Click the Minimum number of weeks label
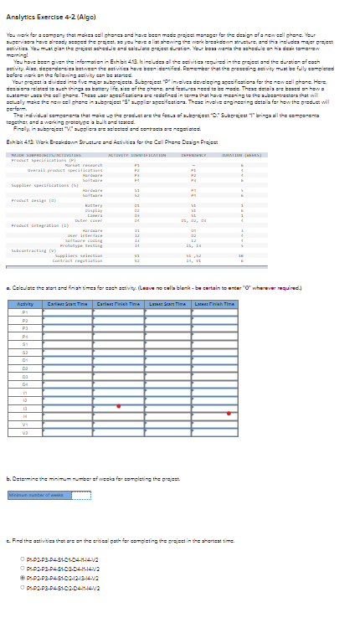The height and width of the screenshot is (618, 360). click(28, 495)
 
